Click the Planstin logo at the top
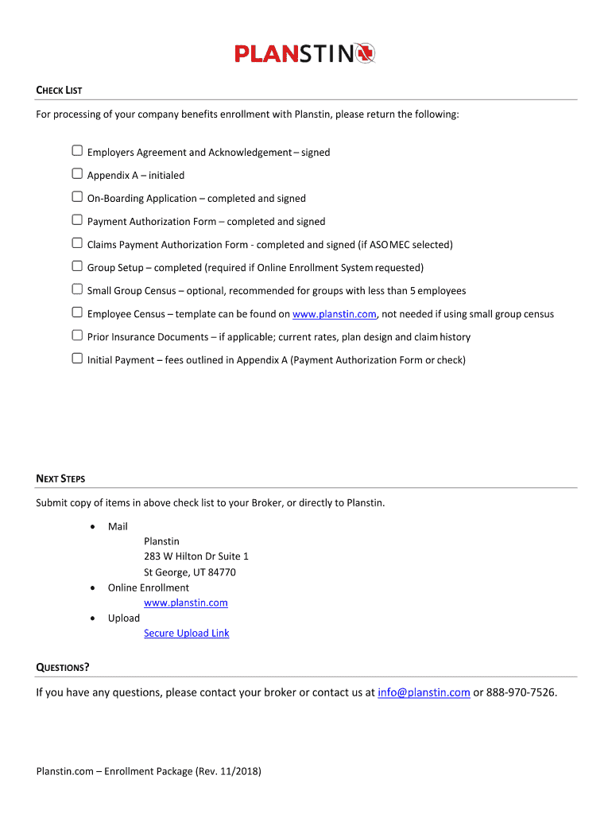(x=304, y=53)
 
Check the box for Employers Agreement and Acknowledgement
(x=77, y=151)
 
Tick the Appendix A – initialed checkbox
(x=77, y=174)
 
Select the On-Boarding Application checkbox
(x=77, y=197)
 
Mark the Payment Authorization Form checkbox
(x=77, y=220)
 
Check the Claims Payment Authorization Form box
(x=77, y=243)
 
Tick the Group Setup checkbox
(x=77, y=266)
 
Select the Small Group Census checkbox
(x=77, y=289)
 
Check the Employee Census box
(x=77, y=312)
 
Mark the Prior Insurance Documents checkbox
(x=77, y=335)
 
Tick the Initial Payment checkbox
(x=77, y=359)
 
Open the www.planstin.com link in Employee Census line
(x=334, y=314)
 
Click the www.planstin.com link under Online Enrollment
(x=185, y=603)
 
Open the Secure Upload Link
(x=186, y=633)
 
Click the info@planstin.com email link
(x=424, y=692)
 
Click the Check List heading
(x=60, y=91)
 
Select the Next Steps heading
(x=60, y=479)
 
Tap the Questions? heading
(x=63, y=667)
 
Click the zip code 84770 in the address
(x=222, y=572)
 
